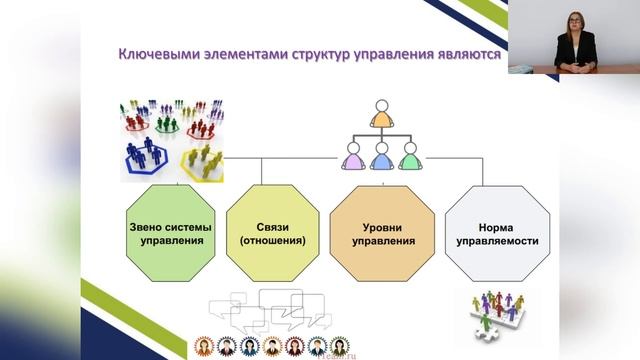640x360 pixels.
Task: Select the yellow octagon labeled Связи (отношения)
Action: tap(273, 233)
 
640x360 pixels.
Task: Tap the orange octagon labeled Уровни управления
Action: tap(381, 233)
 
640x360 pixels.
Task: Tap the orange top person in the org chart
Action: tap(380, 115)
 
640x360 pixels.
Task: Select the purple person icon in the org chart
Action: tap(352, 156)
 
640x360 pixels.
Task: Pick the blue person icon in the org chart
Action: tap(381, 156)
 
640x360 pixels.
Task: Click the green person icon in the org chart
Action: tap(409, 156)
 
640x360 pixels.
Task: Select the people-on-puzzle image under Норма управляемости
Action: tap(492, 312)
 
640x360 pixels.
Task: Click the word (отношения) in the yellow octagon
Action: tap(273, 241)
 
